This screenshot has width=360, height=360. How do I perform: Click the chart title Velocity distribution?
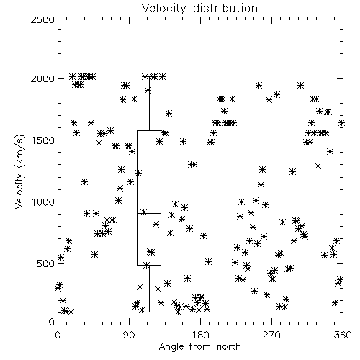[199, 9]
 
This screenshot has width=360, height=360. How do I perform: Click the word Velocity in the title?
[164, 9]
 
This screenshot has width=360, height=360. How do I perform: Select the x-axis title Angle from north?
[199, 347]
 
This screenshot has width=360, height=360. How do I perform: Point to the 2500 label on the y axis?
[42, 19]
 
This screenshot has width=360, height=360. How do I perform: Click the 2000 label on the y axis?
[42, 78]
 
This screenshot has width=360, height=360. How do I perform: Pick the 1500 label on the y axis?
[42, 140]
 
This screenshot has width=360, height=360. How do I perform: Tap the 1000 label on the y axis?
[42, 202]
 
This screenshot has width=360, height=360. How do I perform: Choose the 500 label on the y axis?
[46, 264]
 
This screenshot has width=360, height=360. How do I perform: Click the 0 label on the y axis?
[52, 322]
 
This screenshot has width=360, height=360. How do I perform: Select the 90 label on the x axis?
[129, 335]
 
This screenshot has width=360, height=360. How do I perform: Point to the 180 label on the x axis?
[200, 335]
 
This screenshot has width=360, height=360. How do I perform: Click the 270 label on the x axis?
[271, 335]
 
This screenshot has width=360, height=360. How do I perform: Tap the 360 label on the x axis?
[343, 335]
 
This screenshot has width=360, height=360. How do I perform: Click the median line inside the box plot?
[149, 213]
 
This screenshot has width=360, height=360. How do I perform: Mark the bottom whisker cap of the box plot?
[149, 312]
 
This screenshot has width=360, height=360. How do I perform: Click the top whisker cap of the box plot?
[149, 77]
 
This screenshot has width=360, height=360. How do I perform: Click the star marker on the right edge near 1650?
[342, 123]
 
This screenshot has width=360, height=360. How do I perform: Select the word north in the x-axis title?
[229, 346]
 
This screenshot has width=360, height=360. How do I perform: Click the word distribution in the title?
[225, 9]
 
